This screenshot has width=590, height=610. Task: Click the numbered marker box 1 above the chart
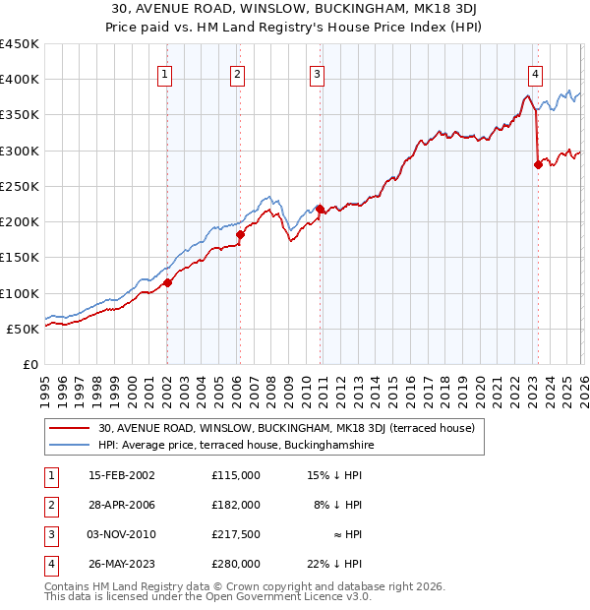(165, 73)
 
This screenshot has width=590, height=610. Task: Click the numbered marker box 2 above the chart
(238, 73)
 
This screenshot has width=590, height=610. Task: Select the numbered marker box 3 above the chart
(317, 73)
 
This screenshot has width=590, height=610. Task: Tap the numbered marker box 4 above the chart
(535, 73)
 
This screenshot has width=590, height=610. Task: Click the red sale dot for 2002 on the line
(167, 282)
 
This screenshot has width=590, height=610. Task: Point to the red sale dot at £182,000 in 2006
(240, 234)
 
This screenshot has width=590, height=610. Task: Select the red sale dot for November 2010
(320, 209)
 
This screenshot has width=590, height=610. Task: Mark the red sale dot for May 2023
(538, 164)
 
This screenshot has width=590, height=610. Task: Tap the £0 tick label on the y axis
(29, 365)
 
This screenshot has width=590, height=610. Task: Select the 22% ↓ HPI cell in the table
(333, 564)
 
